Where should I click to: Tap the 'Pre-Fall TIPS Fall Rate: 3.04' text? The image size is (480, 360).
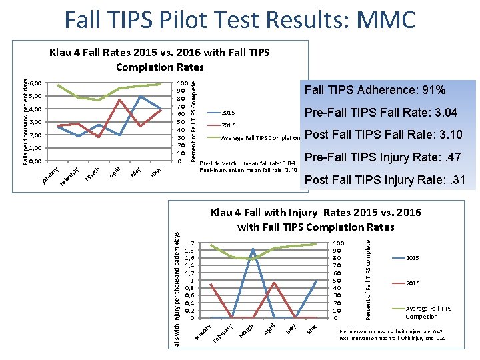point(381,113)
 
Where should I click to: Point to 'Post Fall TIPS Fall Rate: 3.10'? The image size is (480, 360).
point(383,135)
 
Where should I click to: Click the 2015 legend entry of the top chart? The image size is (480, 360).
point(227,113)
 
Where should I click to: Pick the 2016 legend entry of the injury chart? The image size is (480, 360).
point(413,283)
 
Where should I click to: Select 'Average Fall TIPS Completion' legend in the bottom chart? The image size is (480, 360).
point(429,312)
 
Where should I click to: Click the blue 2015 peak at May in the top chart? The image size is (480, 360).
point(140,97)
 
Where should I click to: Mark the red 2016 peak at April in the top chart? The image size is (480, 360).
point(119,100)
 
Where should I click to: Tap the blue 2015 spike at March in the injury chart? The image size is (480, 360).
point(253,249)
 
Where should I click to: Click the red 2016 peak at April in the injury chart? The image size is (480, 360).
point(275,283)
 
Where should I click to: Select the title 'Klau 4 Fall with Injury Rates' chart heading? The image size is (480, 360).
point(315,219)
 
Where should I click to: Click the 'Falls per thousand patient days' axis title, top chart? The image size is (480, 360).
point(25,122)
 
